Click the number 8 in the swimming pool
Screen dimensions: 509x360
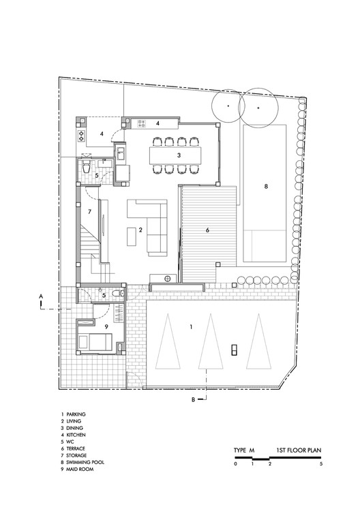click(x=267, y=186)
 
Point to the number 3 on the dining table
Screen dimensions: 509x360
click(x=179, y=155)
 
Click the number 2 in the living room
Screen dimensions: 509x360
click(x=140, y=230)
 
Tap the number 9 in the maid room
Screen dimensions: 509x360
click(x=106, y=326)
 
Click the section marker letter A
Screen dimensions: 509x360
click(x=42, y=296)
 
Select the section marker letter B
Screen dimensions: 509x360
click(x=193, y=399)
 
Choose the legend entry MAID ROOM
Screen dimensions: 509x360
click(x=82, y=470)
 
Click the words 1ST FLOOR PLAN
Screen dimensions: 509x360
click(x=299, y=450)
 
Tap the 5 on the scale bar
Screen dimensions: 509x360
click(x=320, y=464)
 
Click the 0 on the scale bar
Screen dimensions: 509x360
click(x=235, y=464)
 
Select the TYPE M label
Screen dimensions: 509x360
click(x=243, y=450)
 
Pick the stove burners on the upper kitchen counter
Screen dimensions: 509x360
click(x=143, y=123)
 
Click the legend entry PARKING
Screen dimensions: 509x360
click(x=76, y=414)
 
